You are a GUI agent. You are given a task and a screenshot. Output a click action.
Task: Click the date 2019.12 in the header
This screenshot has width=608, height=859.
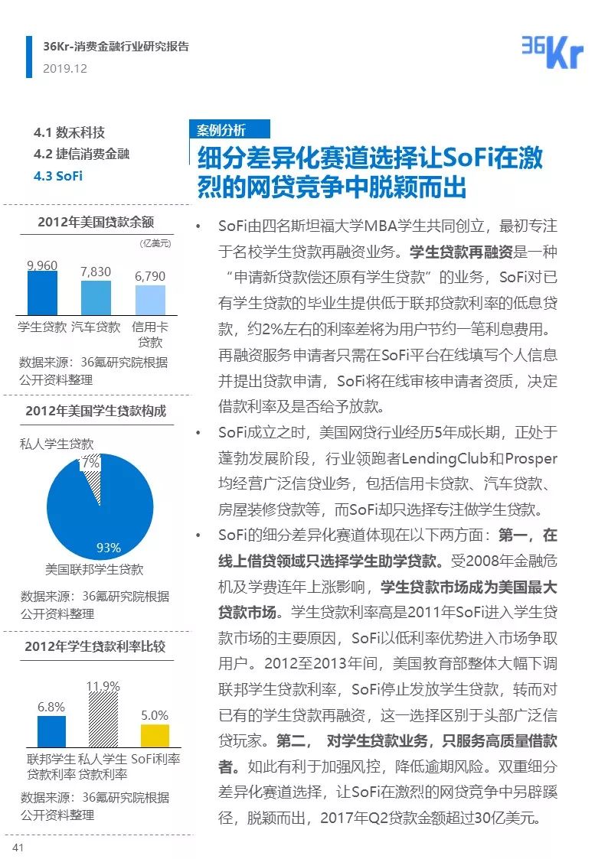(x=65, y=68)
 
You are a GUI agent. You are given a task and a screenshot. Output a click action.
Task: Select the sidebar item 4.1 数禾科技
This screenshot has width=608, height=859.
(x=70, y=132)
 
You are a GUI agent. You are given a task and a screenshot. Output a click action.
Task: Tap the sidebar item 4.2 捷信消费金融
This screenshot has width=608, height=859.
(x=82, y=154)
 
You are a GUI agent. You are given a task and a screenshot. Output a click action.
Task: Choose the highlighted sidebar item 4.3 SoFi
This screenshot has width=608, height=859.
(x=58, y=176)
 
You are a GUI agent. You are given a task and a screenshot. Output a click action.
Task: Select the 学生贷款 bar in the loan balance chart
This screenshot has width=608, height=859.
(x=42, y=293)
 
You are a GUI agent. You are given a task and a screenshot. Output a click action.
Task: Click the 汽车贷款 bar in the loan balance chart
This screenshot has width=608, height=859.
(x=96, y=298)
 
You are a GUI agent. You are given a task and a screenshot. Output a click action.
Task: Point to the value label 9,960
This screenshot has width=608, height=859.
(x=42, y=265)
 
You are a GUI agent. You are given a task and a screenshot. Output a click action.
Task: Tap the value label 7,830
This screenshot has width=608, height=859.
(x=96, y=272)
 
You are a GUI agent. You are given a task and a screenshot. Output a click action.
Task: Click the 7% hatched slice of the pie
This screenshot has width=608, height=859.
(x=93, y=469)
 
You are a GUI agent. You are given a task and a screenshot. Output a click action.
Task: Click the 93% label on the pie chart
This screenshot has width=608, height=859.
(x=108, y=547)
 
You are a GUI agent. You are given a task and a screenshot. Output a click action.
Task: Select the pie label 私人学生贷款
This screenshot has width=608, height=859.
(x=57, y=443)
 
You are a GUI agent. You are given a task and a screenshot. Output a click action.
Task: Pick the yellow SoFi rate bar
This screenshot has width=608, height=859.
(x=155, y=735)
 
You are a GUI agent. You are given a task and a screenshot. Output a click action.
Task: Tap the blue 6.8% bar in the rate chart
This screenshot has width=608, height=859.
(x=51, y=731)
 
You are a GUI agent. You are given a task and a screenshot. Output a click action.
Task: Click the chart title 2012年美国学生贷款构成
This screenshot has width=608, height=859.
(x=95, y=411)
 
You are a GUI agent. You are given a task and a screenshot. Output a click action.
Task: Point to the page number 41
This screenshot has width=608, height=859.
(x=18, y=847)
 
